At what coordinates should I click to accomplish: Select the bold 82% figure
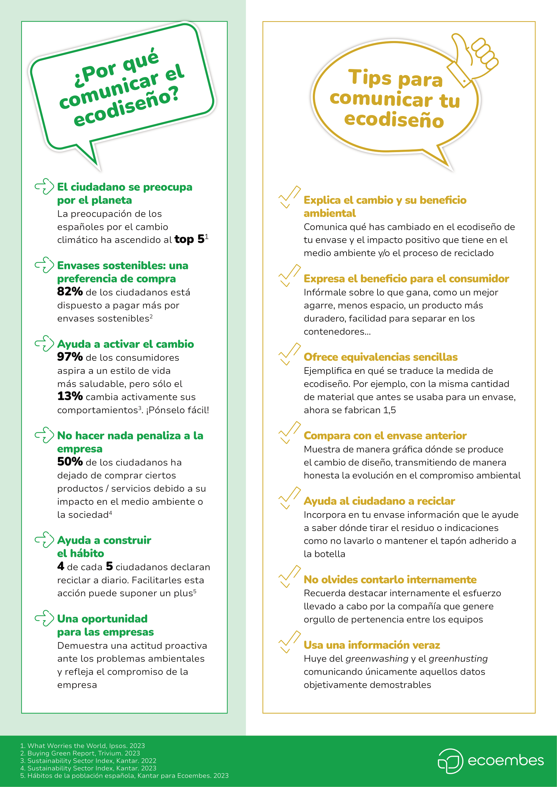point(70,292)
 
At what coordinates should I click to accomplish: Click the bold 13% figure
point(70,396)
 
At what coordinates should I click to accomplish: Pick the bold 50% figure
point(70,462)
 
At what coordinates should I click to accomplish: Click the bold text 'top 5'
point(189,239)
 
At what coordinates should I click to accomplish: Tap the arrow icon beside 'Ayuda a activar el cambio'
point(44,344)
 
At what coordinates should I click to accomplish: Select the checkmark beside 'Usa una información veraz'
point(290,642)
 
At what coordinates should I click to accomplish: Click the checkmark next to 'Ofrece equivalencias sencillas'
point(290,354)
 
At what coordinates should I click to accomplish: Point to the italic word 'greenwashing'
point(377,658)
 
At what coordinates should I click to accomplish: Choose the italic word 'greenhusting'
point(458,658)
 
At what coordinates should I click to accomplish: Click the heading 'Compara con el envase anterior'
point(385,436)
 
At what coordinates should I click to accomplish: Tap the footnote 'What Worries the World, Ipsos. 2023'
point(86,746)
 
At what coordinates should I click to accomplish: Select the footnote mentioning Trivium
point(83,753)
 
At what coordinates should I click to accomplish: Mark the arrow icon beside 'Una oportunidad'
point(44,618)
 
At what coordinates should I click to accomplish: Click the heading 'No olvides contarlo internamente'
point(390,580)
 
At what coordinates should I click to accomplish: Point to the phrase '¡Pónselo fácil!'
point(178,410)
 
